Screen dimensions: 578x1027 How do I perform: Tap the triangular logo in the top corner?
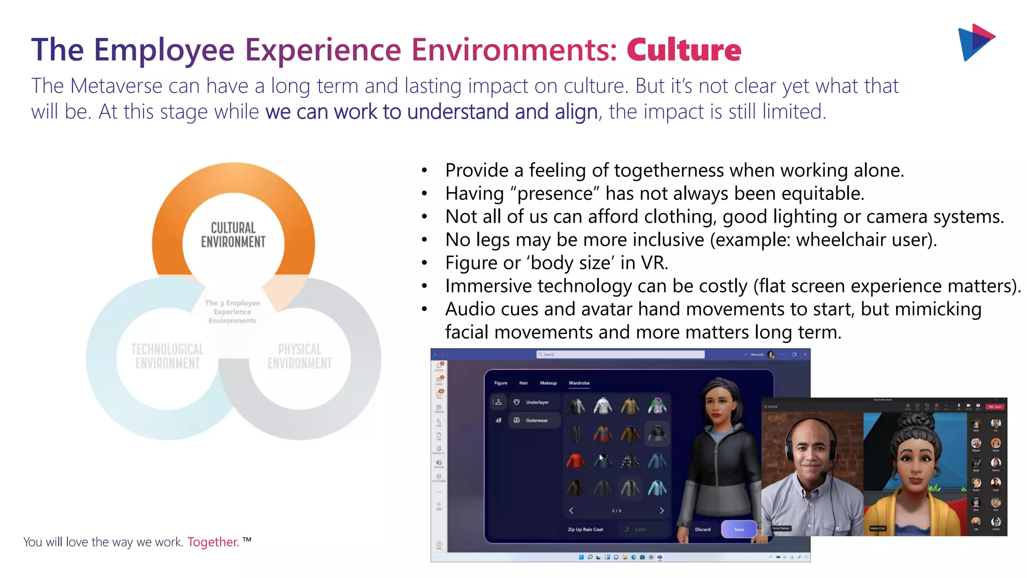975,42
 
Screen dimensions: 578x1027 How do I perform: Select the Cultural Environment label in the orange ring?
233,235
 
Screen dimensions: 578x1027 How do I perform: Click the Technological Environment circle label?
167,356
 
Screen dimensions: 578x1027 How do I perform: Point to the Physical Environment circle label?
299,356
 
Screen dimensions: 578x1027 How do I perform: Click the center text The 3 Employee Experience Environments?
232,312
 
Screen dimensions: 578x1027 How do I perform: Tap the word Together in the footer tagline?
213,542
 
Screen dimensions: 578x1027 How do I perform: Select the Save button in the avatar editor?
739,529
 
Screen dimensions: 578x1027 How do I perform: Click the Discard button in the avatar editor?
702,529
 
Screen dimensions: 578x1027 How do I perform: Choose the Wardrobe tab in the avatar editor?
579,383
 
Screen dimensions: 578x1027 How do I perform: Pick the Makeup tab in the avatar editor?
548,383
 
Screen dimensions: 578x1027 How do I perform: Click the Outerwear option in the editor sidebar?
536,420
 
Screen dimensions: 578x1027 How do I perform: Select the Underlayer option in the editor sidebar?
537,402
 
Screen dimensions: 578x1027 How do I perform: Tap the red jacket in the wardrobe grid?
576,460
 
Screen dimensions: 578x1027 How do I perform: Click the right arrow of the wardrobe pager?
661,510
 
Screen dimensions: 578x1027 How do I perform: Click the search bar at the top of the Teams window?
620,354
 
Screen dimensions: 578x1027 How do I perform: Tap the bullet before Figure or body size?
424,263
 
